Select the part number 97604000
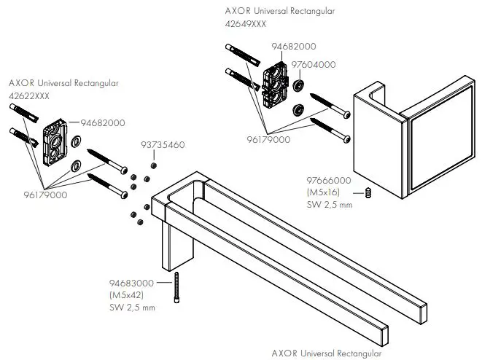click(314, 65)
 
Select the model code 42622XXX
click(31, 95)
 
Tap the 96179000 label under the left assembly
click(44, 195)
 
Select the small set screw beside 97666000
click(368, 193)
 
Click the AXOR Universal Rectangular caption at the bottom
click(327, 353)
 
